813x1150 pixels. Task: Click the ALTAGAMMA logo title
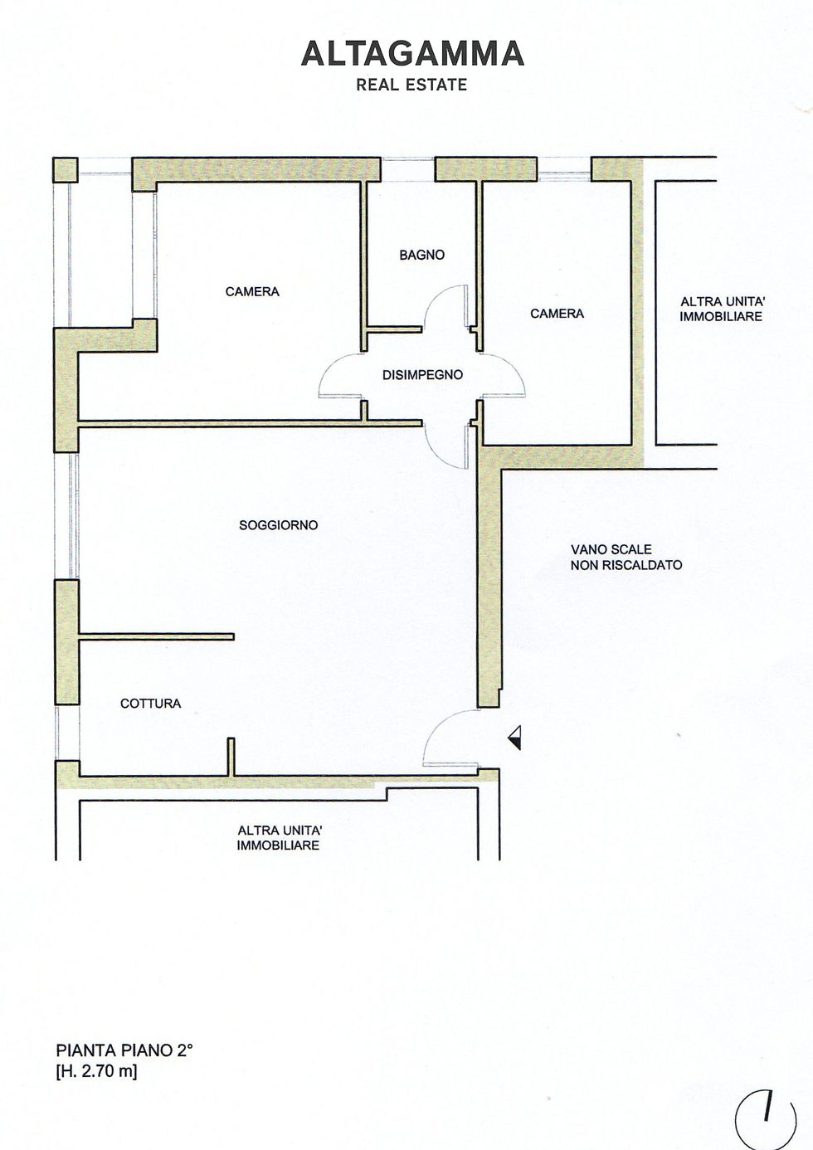412,54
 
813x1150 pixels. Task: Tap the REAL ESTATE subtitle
411,85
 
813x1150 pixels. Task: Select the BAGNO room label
422,255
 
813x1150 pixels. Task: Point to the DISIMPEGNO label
422,375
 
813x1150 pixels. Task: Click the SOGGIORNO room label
279,525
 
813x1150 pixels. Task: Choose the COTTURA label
150,704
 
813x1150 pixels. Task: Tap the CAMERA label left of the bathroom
252,291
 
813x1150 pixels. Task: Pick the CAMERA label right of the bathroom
557,313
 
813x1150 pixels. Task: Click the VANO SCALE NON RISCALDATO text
626,557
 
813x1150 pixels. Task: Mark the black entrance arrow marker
516,738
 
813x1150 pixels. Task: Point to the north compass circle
766,1119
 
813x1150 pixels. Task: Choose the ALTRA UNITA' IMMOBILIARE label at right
721,309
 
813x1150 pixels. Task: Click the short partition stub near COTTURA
231,757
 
